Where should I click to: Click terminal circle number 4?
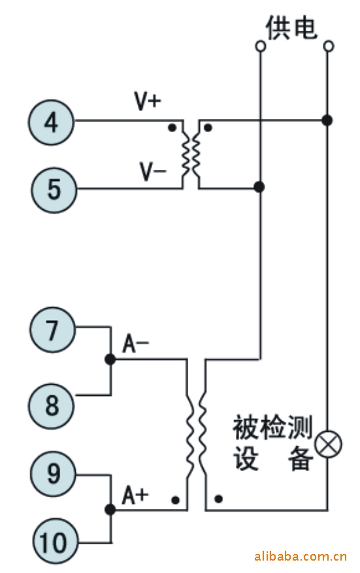click(51, 122)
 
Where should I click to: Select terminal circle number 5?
click(54, 190)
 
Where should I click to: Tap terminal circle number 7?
click(52, 329)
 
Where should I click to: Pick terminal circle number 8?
click(52, 406)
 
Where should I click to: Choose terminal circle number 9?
click(53, 474)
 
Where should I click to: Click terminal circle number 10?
click(55, 542)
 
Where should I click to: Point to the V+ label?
click(148, 101)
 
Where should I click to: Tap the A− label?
click(135, 344)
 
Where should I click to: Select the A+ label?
click(135, 495)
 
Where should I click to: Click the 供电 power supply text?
click(291, 28)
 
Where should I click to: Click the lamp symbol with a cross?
click(328, 444)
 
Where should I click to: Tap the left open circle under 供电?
click(260, 46)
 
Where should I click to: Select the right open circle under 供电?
click(329, 46)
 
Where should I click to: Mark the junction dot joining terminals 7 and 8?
click(110, 359)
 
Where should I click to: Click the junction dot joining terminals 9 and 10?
click(110, 510)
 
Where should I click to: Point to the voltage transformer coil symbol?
click(191, 154)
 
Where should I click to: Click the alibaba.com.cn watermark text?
click(300, 556)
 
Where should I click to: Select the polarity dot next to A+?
click(176, 500)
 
